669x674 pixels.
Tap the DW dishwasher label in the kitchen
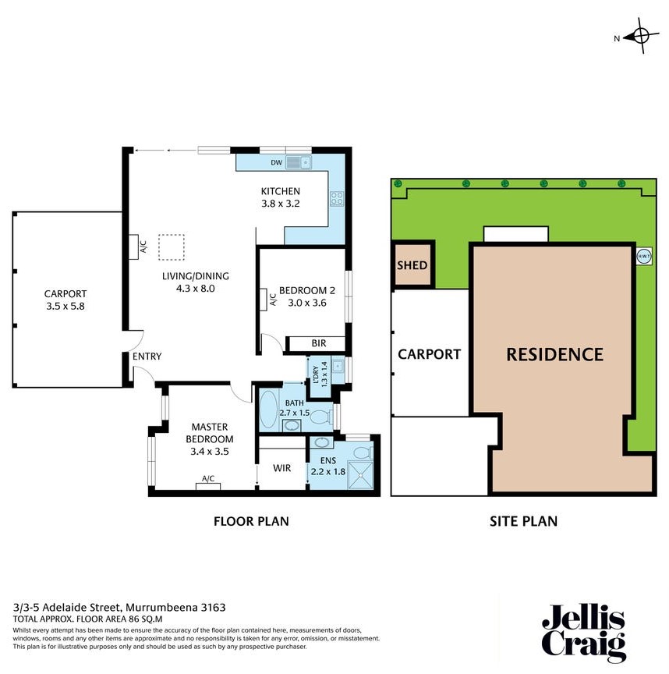tap(275, 163)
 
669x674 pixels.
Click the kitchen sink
tap(299, 162)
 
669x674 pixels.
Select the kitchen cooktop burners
tap(338, 199)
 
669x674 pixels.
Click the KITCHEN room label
tap(280, 192)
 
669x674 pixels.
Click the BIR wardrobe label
tap(317, 343)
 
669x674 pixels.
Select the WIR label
tap(281, 470)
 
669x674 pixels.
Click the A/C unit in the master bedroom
tap(208, 486)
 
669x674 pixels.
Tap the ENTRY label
tap(147, 357)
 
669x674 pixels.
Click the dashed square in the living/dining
tap(172, 247)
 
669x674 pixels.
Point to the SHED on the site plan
tap(412, 265)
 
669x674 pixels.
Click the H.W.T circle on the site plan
tap(644, 256)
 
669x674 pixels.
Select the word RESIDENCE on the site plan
tap(554, 354)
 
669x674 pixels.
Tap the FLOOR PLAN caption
tap(251, 520)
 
